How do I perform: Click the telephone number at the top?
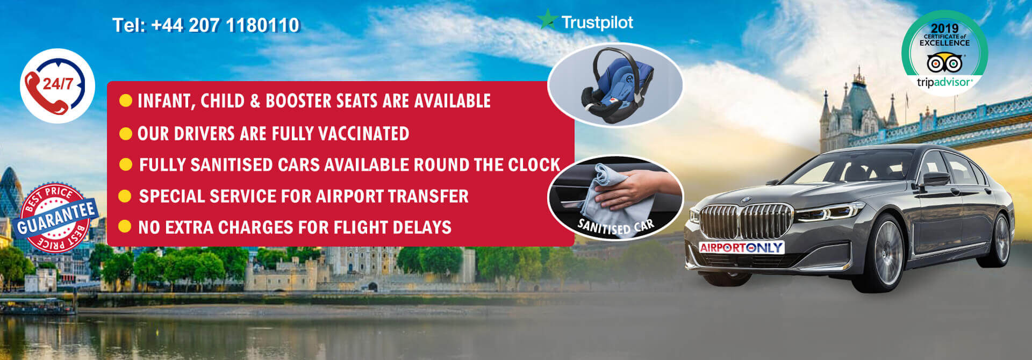pos(206,25)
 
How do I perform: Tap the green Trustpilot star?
pos(547,20)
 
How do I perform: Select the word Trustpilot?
pos(597,22)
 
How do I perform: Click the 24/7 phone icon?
pos(58,86)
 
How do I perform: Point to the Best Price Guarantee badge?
pos(56,218)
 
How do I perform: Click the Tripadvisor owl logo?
pos(944,63)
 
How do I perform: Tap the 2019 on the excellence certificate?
pos(944,28)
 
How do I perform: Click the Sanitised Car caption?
pos(616,226)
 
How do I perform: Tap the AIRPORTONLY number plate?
pos(741,248)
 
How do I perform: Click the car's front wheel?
pos(882,253)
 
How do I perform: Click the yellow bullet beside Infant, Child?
pos(126,100)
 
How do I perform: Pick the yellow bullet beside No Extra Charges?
pos(125,226)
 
